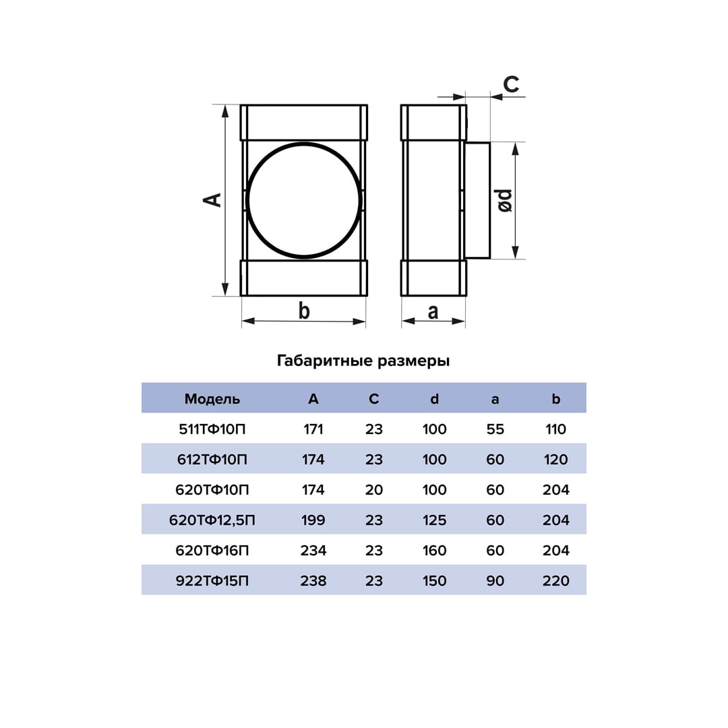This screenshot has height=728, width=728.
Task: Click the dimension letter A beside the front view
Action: click(x=212, y=200)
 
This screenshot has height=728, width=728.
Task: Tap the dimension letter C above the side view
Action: click(x=511, y=84)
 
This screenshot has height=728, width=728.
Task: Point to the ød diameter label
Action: click(x=505, y=201)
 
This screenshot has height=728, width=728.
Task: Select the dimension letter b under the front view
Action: click(x=304, y=310)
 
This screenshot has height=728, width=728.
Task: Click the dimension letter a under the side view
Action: click(x=433, y=312)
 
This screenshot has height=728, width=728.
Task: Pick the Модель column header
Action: click(x=212, y=399)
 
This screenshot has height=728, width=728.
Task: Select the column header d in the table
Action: click(x=434, y=399)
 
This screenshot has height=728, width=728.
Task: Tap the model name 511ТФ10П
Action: click(x=212, y=429)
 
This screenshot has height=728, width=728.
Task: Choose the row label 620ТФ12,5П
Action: click(x=212, y=520)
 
